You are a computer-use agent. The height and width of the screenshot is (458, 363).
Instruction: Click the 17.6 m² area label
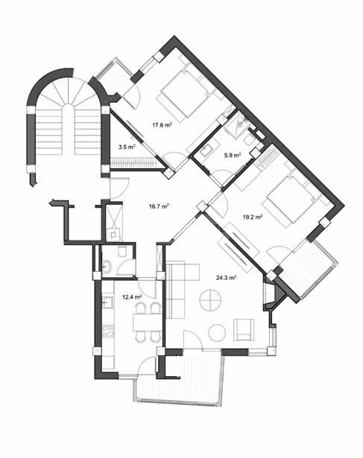[x=162, y=125]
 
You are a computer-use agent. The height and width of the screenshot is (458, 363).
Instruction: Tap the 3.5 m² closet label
[x=127, y=147]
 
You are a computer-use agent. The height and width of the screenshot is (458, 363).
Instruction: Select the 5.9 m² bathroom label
[x=233, y=155]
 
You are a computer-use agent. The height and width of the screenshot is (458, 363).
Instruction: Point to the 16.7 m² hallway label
[x=159, y=206]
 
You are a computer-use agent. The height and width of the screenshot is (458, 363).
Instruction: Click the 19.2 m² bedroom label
[x=253, y=217]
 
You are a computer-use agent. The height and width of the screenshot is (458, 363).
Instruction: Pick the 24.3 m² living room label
[x=226, y=278]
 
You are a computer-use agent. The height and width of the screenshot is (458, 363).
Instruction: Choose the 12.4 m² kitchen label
[x=132, y=297]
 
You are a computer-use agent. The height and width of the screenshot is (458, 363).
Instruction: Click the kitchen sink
[x=107, y=302]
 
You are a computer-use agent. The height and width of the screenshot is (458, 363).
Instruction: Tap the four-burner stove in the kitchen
[x=108, y=331]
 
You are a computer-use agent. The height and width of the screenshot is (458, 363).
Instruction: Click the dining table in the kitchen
[x=147, y=322]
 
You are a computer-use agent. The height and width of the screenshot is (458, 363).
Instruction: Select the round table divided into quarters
[x=210, y=300]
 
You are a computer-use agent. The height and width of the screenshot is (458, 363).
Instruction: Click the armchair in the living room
[x=244, y=330]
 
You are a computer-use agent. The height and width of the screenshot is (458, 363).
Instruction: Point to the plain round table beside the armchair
[x=217, y=332]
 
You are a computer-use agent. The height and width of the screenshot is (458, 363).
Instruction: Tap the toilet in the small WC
[x=122, y=251]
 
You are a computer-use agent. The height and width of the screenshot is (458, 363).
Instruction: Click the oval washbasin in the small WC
[x=107, y=267]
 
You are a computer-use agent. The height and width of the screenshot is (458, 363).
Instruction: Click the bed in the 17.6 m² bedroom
[x=183, y=95]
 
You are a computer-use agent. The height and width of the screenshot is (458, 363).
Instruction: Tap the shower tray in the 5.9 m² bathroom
[x=238, y=124]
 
